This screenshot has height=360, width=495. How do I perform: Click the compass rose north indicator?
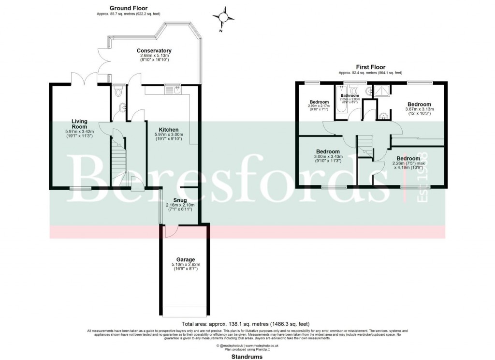224,18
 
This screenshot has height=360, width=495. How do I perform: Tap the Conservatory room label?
154,51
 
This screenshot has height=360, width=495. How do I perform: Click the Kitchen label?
166,130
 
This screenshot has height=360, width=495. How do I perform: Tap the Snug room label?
180,200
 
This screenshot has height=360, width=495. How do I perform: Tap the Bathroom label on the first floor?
349,96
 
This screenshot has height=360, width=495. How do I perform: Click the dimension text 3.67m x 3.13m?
419,109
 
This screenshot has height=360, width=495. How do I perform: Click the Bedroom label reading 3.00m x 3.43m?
328,151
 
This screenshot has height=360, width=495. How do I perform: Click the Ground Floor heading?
128,8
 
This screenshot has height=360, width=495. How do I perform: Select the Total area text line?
245,323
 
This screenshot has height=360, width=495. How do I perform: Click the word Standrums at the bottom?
247,357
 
